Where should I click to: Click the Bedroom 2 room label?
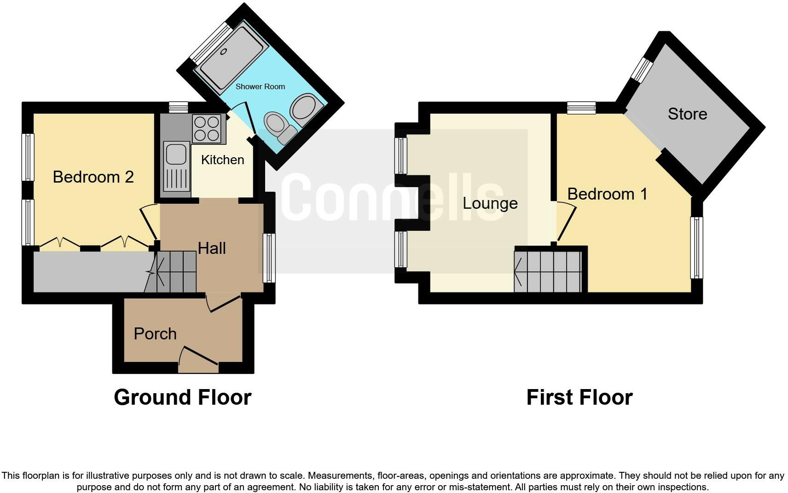click(x=93, y=177)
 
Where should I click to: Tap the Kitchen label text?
click(x=222, y=160)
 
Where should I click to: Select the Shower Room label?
click(x=260, y=86)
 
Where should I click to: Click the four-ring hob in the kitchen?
click(x=207, y=128)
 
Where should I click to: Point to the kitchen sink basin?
click(x=176, y=154)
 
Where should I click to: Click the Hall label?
click(x=212, y=248)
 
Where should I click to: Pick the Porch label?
click(x=155, y=334)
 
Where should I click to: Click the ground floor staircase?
click(x=174, y=272)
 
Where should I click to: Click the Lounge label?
click(x=490, y=203)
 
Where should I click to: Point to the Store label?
click(x=687, y=114)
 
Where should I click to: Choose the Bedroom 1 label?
click(x=607, y=194)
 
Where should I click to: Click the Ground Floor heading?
click(x=183, y=397)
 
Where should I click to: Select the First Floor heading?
click(x=579, y=397)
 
